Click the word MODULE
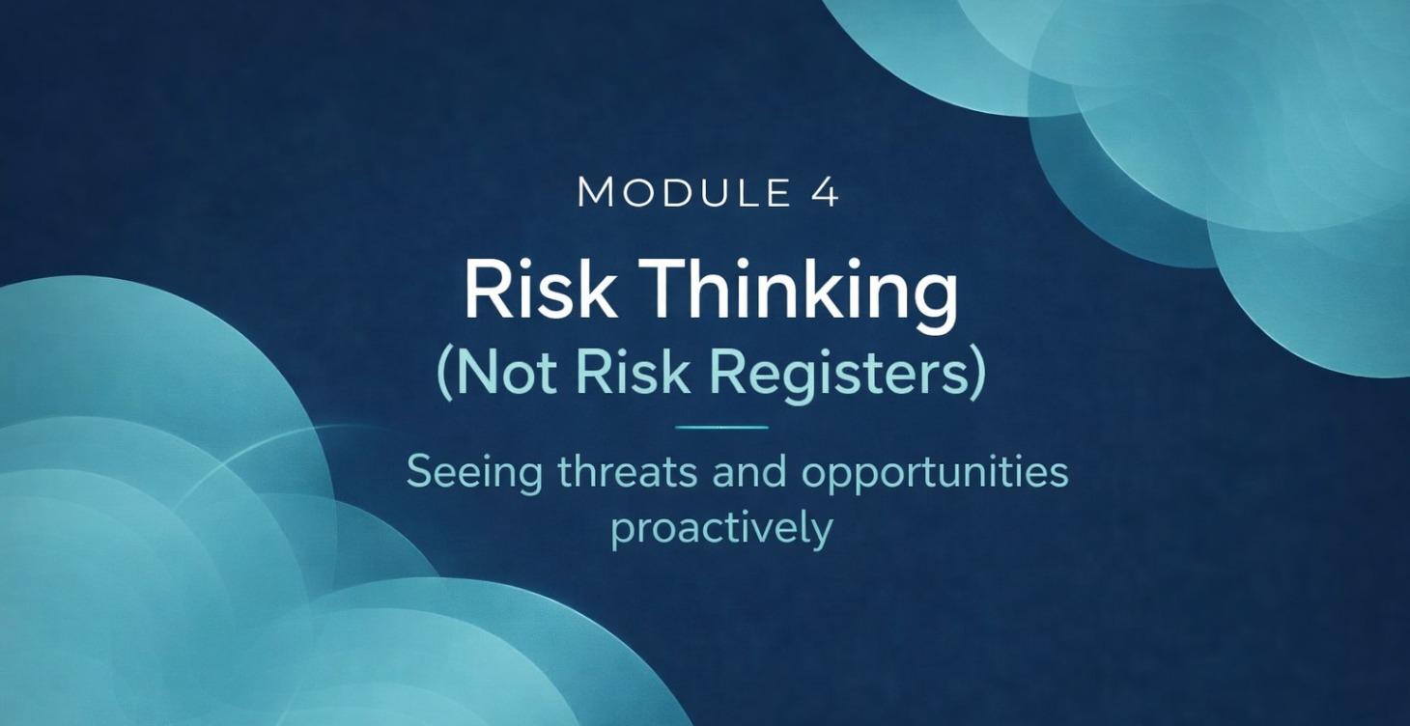681,192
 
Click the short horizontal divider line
721,427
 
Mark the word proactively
721,530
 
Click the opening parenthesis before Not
445,375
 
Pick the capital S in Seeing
418,472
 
